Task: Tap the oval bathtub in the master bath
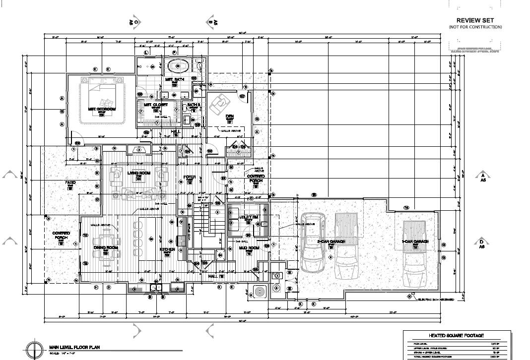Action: pyautogui.click(x=178, y=66)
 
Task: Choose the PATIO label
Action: pyautogui.click(x=70, y=183)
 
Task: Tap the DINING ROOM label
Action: pyautogui.click(x=106, y=247)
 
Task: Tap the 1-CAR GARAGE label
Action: pyautogui.click(x=415, y=241)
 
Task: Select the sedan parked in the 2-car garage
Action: pyautogui.click(x=313, y=243)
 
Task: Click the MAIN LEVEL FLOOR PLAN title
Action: pyautogui.click(x=74, y=347)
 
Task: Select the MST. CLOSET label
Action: pyautogui.click(x=156, y=105)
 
